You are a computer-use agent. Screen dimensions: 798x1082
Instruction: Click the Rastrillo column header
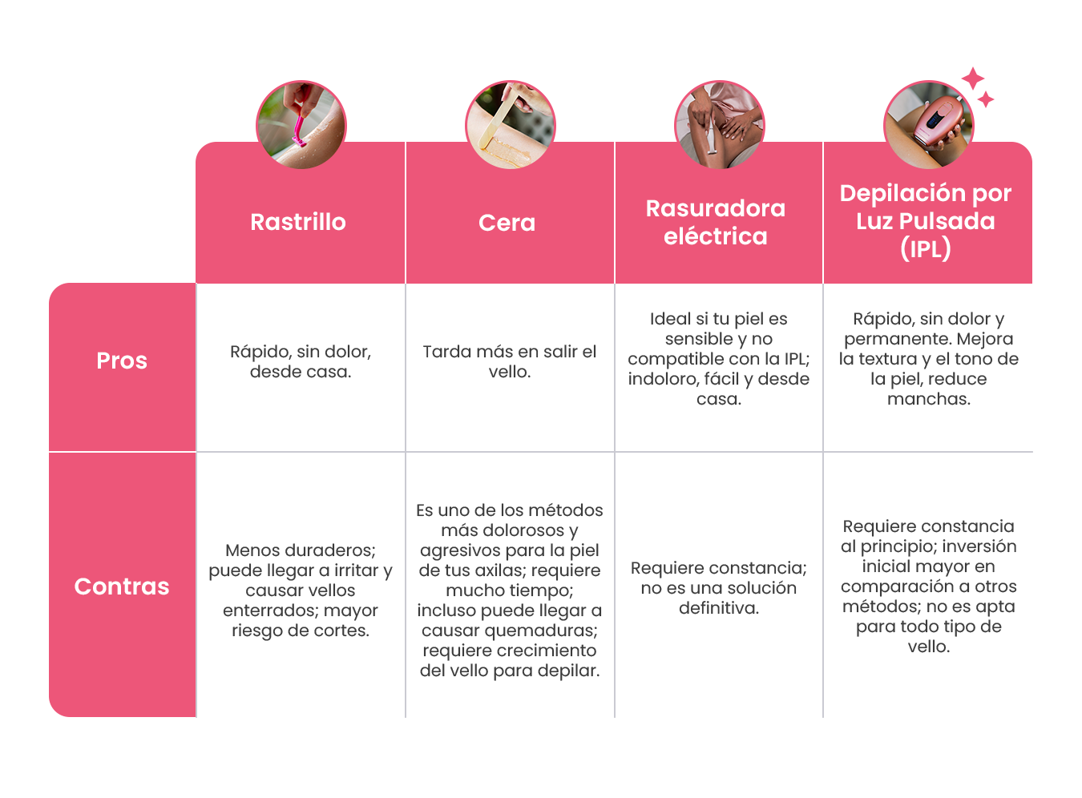point(298,222)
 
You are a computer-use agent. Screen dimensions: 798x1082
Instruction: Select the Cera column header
point(507,223)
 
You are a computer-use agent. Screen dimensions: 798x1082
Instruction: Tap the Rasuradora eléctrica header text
point(716,222)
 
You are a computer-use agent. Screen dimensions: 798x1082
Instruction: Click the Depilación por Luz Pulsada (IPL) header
point(926,220)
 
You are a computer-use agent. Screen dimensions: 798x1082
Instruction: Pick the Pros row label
point(122,361)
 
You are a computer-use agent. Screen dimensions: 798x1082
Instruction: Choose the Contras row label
point(122,586)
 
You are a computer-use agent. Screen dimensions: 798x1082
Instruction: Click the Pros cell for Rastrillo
point(301,361)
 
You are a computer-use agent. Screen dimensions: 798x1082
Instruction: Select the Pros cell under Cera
point(510,361)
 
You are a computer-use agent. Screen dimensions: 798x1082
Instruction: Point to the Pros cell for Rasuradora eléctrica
point(719,359)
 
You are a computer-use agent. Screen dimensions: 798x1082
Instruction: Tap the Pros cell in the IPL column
point(928,359)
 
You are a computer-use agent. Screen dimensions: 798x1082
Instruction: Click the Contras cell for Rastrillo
point(300,590)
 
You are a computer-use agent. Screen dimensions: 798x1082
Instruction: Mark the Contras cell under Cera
point(510,590)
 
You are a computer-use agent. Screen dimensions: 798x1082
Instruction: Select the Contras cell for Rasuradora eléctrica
point(719,588)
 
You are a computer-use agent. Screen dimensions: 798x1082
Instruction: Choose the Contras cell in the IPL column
point(928,586)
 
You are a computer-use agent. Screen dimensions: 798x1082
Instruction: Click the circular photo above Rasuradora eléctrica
point(719,124)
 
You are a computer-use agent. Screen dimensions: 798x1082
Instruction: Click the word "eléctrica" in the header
point(716,236)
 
